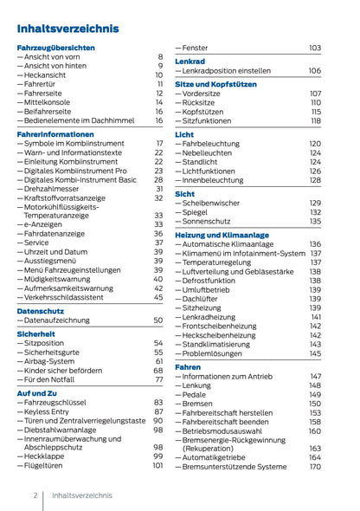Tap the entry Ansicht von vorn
(55, 56)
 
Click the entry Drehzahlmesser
(56, 188)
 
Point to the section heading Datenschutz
(41, 310)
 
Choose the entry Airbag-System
(53, 361)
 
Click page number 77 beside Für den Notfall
(158, 380)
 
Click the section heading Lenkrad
(190, 62)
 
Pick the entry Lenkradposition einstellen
(227, 71)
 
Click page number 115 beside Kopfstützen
(316, 112)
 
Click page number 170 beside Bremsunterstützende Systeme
(315, 467)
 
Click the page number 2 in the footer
(35, 496)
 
